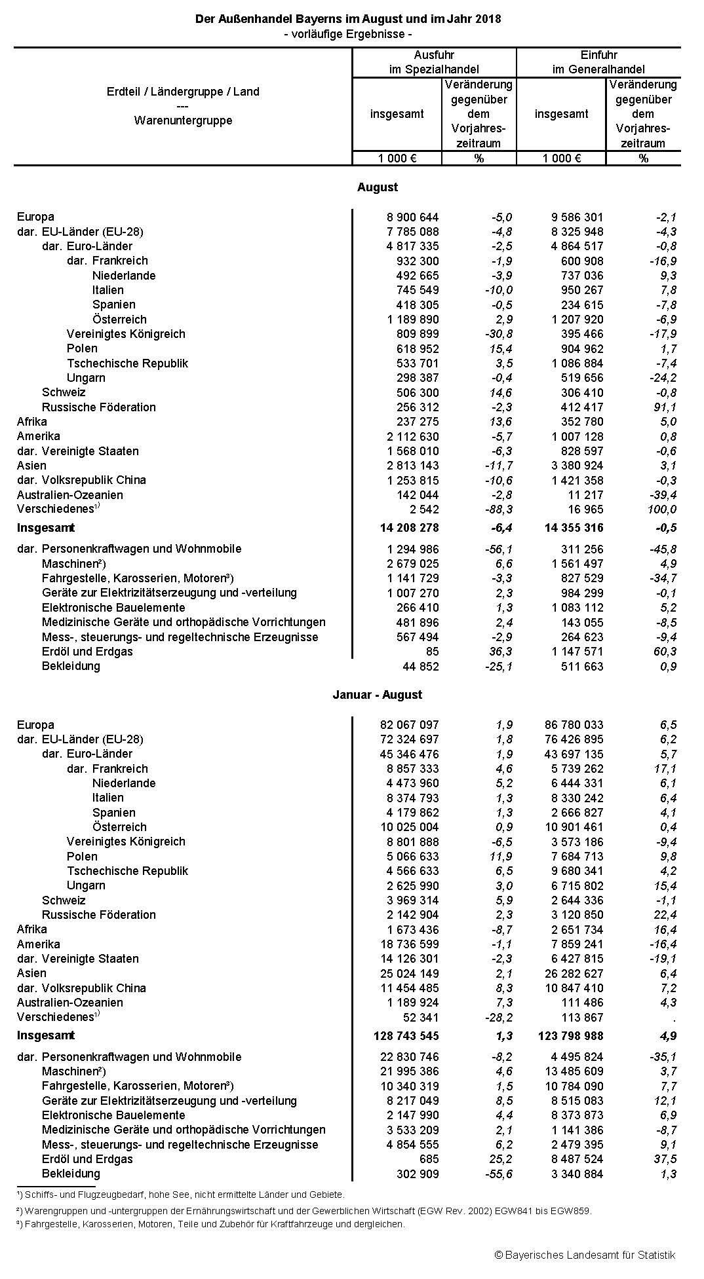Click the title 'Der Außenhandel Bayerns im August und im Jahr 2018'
click(x=347, y=19)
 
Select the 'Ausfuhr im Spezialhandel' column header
click(x=433, y=62)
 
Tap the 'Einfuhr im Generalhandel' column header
click(x=598, y=62)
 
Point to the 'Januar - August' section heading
click(x=377, y=695)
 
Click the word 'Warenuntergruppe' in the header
click(x=183, y=120)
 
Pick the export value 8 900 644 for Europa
click(x=413, y=217)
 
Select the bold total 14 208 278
click(x=404, y=528)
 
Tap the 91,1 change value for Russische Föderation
click(x=664, y=407)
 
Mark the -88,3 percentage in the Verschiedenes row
click(x=498, y=510)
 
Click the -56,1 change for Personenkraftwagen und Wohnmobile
click(x=498, y=549)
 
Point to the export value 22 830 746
click(x=409, y=1057)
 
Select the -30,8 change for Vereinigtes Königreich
click(x=498, y=334)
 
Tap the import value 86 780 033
click(x=574, y=725)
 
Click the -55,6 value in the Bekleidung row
click(x=498, y=1174)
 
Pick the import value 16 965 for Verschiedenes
click(x=586, y=510)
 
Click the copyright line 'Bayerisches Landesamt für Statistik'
click(x=585, y=1255)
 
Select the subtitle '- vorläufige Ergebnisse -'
click(x=347, y=34)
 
